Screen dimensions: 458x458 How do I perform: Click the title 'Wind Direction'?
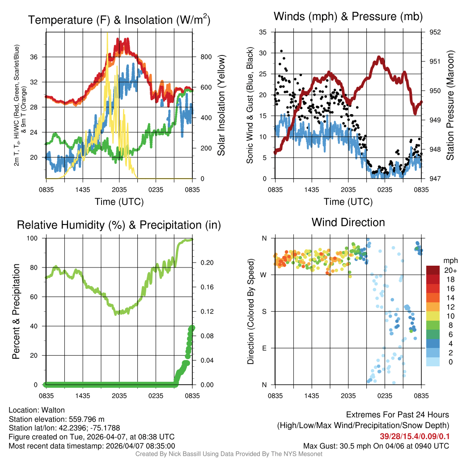[x=348, y=222]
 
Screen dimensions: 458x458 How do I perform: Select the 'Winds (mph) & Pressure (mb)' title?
[x=348, y=17]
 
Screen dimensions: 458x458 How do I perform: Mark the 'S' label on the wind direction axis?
[x=264, y=311]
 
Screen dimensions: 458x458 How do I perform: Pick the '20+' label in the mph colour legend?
[x=450, y=270]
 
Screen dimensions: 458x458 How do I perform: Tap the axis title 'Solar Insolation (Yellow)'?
[x=221, y=105]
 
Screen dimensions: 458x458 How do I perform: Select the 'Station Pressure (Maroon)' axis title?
[x=450, y=105]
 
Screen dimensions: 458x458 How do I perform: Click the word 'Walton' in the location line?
[x=54, y=410]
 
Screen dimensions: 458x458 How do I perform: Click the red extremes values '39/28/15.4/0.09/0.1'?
[x=411, y=436]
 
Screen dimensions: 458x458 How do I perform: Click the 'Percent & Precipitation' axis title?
[x=16, y=311]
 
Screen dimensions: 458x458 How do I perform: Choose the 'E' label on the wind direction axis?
[x=264, y=348]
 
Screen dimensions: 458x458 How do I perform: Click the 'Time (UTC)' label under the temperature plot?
[x=119, y=202]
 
